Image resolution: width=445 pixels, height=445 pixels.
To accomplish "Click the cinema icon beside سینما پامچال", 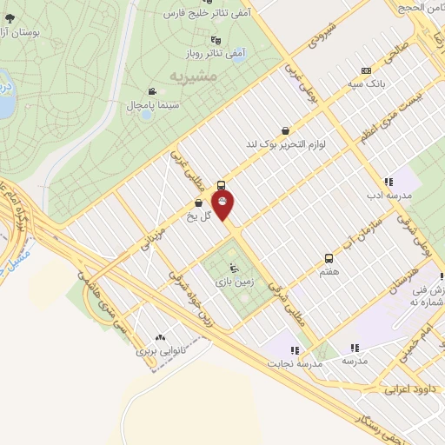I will point(152,91).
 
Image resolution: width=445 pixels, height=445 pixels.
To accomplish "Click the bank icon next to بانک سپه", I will point(366,70).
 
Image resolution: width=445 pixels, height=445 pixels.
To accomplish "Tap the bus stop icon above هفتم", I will point(329,258).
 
